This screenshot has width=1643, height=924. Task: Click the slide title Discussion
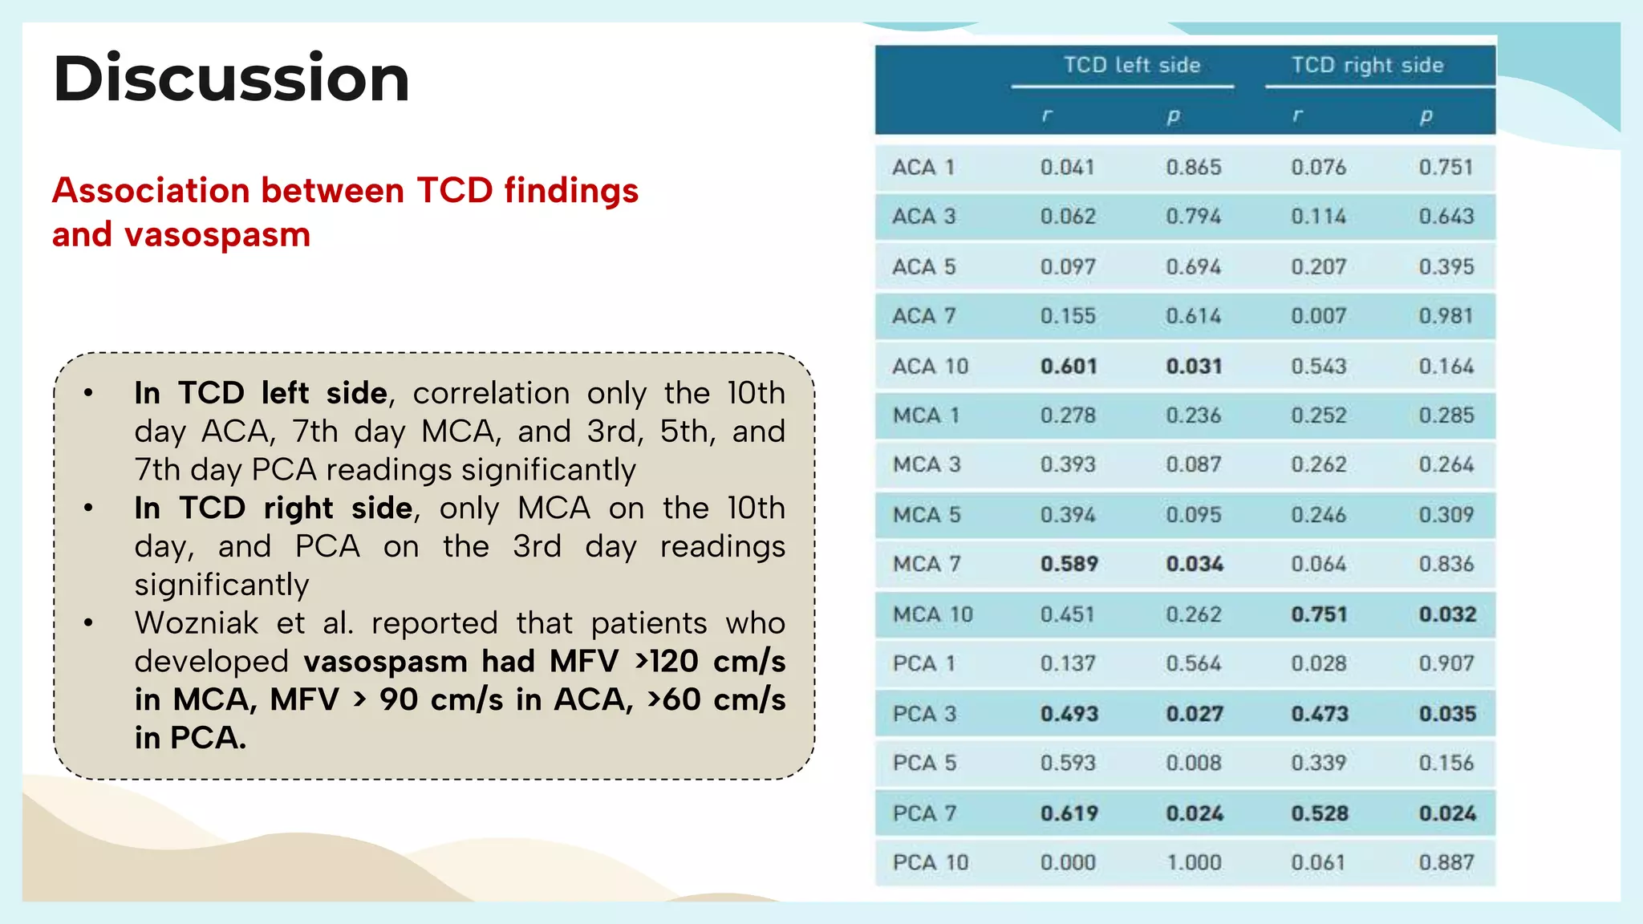coord(231,79)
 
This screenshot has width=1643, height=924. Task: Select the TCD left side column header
coord(1131,65)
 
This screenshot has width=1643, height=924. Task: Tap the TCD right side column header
coord(1367,65)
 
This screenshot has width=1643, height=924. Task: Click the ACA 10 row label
coord(930,367)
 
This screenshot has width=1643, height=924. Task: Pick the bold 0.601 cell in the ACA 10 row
coord(1069,367)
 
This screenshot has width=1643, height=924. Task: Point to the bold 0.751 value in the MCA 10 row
coord(1319,614)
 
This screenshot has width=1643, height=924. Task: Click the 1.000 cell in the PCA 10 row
coord(1194,863)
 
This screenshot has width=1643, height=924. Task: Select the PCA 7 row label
coord(924,813)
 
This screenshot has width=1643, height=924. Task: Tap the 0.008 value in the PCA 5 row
coord(1194,763)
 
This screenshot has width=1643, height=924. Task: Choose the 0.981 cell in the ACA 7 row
coord(1446,316)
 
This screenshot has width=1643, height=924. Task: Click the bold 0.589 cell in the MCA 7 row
coord(1069,565)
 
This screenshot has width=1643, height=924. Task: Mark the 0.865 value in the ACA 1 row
coord(1194,168)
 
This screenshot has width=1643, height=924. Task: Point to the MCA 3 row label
coord(927,465)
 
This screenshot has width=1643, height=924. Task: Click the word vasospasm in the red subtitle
coord(217,235)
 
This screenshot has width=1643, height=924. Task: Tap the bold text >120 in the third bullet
coord(666,662)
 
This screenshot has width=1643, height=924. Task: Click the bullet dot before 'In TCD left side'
coord(88,394)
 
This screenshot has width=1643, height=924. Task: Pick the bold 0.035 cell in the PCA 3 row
coord(1446,714)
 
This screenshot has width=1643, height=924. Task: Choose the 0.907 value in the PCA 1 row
coord(1446,664)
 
